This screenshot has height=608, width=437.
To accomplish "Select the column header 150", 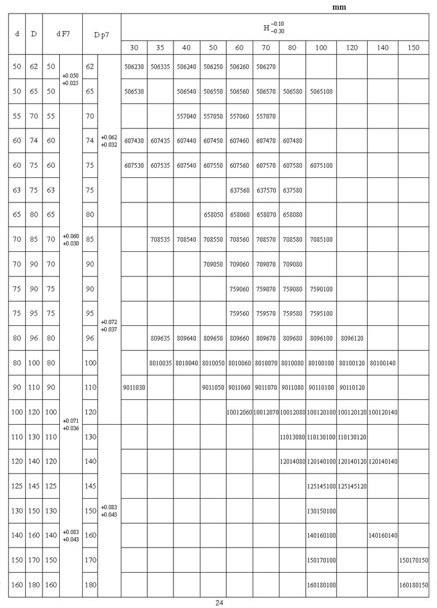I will (413, 48).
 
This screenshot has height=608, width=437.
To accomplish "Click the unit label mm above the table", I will (339, 6).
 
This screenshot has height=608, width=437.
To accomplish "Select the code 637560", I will (239, 190).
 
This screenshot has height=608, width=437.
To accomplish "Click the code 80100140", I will (382, 364).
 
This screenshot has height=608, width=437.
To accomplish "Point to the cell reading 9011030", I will (134, 388).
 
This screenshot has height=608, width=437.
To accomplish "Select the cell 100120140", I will (382, 413).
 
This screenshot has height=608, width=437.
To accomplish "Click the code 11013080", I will (292, 437).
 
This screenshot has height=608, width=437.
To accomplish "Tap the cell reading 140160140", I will (382, 535).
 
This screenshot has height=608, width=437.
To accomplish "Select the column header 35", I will (160, 48).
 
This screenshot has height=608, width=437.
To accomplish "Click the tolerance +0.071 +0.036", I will (71, 424).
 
